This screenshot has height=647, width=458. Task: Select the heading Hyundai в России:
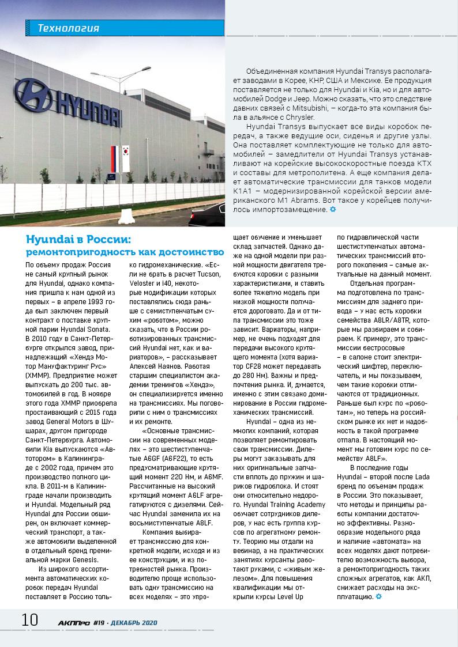pyautogui.click(x=79, y=239)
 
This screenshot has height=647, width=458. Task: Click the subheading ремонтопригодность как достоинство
pyautogui.click(x=125, y=252)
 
